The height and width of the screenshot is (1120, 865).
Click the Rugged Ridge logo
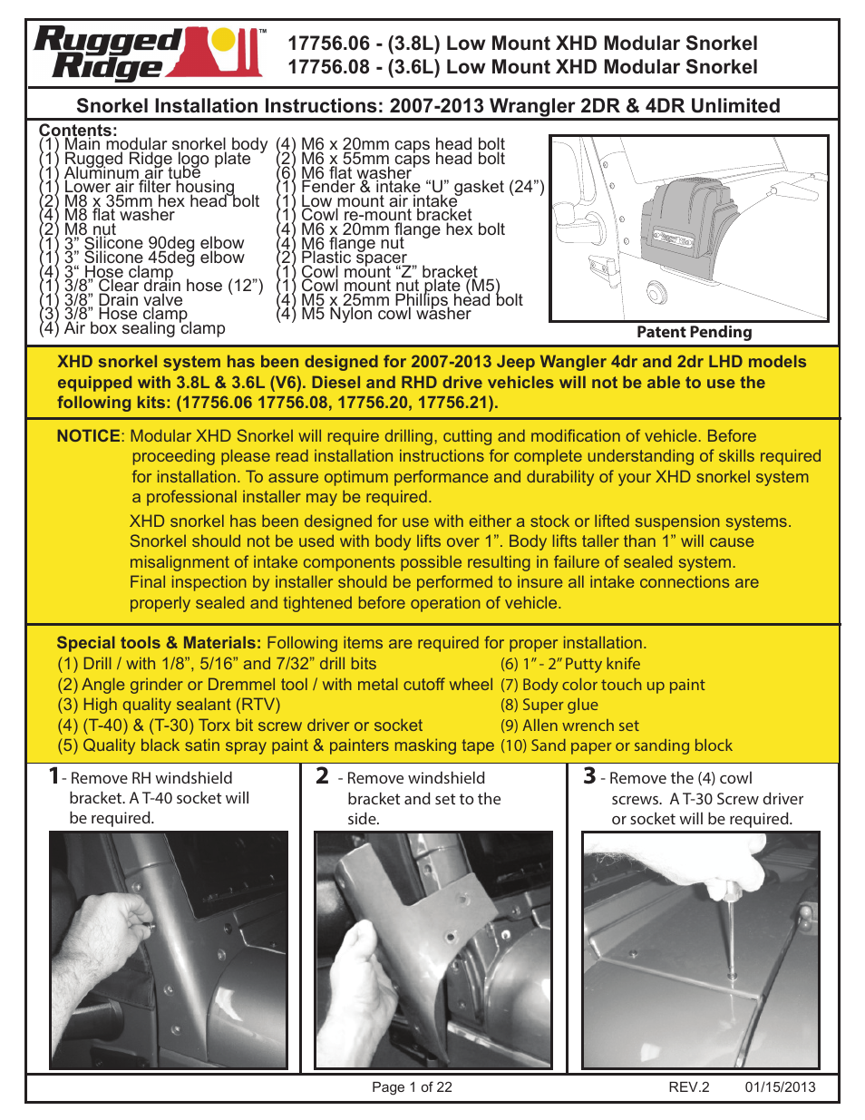tap(149, 54)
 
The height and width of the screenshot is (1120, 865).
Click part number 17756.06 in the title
tap(329, 44)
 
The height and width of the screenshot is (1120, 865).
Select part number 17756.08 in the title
tap(329, 67)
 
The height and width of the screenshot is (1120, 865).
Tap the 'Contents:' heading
tap(78, 131)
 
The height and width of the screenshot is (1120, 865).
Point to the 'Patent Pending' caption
tap(694, 332)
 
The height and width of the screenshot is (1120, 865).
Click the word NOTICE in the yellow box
tap(88, 436)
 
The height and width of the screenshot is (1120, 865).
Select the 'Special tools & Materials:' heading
tap(159, 643)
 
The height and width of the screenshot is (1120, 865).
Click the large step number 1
tap(53, 775)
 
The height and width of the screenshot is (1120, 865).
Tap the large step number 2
tap(322, 775)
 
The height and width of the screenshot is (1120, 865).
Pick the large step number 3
tap(589, 775)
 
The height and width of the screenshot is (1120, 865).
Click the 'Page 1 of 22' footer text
tap(412, 1087)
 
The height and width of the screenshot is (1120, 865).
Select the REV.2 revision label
tap(689, 1087)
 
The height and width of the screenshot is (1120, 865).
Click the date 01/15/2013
tap(780, 1087)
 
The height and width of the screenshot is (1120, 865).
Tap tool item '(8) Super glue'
tap(549, 705)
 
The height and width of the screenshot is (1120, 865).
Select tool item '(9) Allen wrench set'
tap(569, 726)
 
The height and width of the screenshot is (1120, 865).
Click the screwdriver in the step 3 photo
tap(730, 925)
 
